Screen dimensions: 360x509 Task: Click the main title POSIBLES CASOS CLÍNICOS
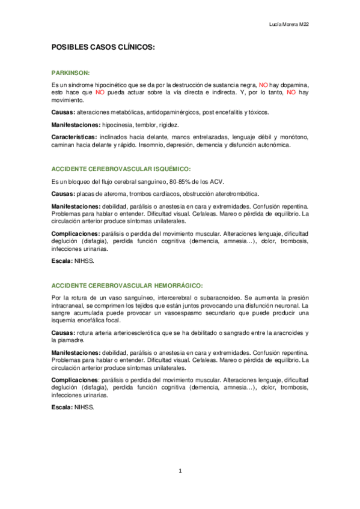pyautogui.click(x=103, y=46)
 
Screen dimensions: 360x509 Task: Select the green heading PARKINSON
pyautogui.click(x=70, y=71)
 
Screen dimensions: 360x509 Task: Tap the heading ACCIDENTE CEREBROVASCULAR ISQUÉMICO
pyautogui.click(x=121, y=170)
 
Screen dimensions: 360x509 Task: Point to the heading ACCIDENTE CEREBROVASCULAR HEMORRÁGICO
pyautogui.click(x=127, y=285)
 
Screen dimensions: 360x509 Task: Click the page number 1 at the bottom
pyautogui.click(x=180, y=471)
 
